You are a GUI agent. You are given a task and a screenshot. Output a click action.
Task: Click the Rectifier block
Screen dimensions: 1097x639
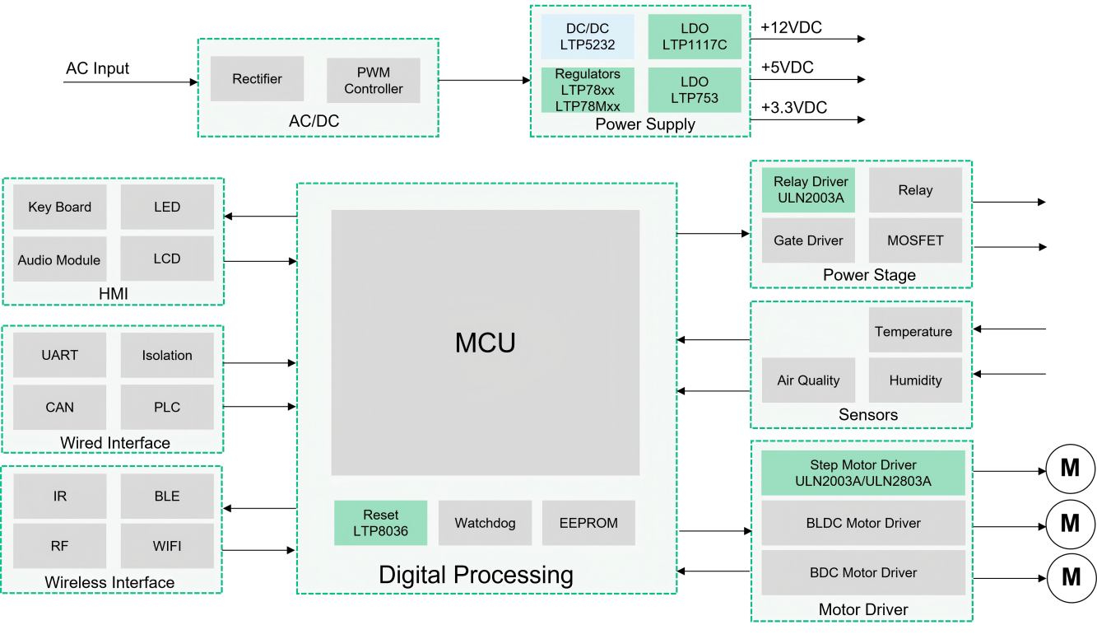[257, 78]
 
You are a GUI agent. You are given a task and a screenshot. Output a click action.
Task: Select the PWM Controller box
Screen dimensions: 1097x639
[373, 81]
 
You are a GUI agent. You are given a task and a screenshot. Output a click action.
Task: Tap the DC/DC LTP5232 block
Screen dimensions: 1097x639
[588, 36]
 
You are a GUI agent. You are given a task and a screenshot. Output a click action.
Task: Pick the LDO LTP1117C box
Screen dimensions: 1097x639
[695, 36]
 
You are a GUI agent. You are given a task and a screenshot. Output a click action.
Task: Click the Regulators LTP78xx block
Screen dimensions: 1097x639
[588, 90]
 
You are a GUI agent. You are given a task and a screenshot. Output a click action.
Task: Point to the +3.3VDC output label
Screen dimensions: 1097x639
[794, 107]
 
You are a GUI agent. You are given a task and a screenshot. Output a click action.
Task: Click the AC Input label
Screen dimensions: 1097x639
[97, 68]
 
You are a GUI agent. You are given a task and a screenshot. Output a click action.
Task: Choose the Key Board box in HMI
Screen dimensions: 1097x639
[60, 207]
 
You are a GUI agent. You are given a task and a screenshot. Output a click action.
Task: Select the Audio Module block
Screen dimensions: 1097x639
[60, 259]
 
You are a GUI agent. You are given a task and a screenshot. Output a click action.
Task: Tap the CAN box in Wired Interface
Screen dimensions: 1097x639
[60, 408]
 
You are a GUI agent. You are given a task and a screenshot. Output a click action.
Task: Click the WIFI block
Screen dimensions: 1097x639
[167, 546]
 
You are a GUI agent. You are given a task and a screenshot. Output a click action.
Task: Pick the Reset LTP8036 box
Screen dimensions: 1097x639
[380, 523]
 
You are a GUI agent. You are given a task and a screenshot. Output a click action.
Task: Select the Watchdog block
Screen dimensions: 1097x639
[485, 523]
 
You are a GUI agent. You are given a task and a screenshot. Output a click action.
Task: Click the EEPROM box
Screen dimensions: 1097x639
[588, 523]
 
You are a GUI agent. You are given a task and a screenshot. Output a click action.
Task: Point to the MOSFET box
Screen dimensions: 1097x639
[915, 240]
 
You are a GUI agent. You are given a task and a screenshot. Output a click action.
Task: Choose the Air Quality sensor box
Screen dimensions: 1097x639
[808, 380]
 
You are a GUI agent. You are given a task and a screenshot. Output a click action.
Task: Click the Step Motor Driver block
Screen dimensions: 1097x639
[863, 473]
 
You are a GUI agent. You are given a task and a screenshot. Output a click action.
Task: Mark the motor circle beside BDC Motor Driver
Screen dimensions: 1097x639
[1071, 577]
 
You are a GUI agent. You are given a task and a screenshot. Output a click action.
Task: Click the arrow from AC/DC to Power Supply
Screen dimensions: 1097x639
[485, 80]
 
